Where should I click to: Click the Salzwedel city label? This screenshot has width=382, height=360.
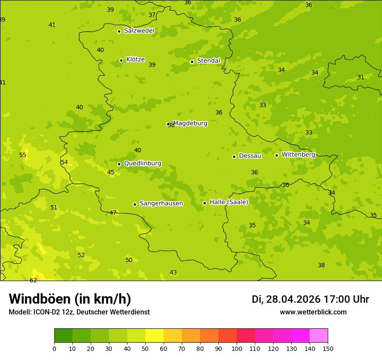[x=139, y=31]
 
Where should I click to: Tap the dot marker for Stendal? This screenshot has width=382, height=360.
[x=192, y=62]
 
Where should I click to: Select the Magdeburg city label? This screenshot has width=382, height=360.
[x=190, y=123]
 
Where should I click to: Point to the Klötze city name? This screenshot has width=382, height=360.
[x=135, y=59]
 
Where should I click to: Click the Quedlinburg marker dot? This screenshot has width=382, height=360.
[x=119, y=164]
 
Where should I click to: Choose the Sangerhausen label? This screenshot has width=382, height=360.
[x=161, y=203]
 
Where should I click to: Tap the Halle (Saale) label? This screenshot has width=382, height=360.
[x=229, y=202]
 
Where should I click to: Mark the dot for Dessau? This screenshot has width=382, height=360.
[x=234, y=157]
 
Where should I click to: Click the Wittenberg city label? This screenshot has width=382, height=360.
[x=298, y=154]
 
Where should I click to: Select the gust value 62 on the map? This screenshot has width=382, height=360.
[x=33, y=280]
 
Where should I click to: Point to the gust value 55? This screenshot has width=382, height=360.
[x=23, y=155]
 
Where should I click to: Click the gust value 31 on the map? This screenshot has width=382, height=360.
[x=361, y=77]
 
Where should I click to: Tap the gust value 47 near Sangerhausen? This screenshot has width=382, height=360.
[x=113, y=213]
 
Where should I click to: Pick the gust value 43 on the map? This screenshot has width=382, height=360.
[x=173, y=272]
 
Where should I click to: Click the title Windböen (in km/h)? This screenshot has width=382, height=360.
[x=70, y=299]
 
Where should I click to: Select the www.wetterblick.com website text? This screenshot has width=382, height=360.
[x=313, y=312]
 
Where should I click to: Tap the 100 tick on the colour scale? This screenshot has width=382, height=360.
[x=237, y=348]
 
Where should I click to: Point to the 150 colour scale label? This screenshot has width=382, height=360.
[x=327, y=348]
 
